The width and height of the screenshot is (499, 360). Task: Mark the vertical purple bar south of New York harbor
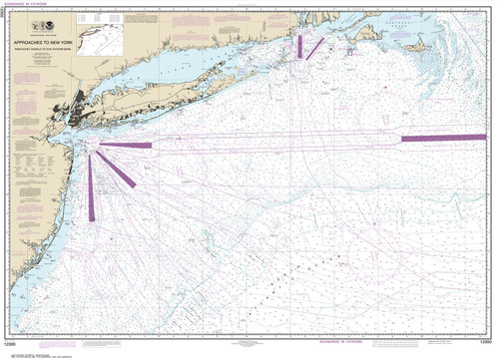pos(92,189)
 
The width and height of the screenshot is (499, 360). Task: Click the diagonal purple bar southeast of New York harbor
pos(122,171)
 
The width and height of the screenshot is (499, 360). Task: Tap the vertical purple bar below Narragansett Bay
pos(298,46)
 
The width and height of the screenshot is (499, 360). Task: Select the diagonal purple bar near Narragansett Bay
pos(314,47)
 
